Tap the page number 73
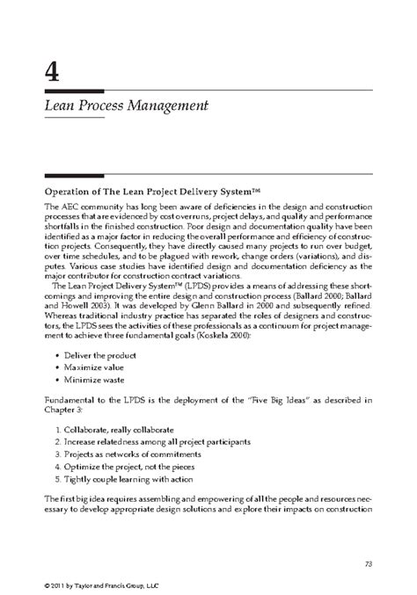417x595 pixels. pyautogui.click(x=369, y=537)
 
